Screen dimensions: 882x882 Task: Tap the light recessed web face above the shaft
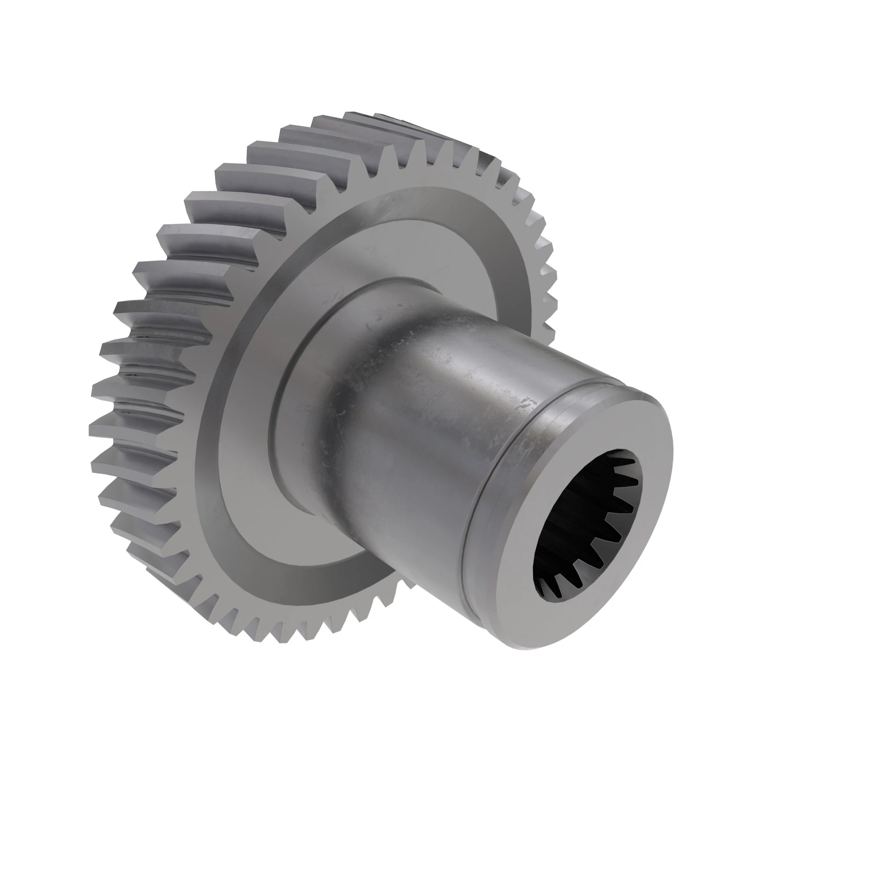click(411, 247)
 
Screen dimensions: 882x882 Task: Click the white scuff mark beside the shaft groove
click(530, 404)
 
